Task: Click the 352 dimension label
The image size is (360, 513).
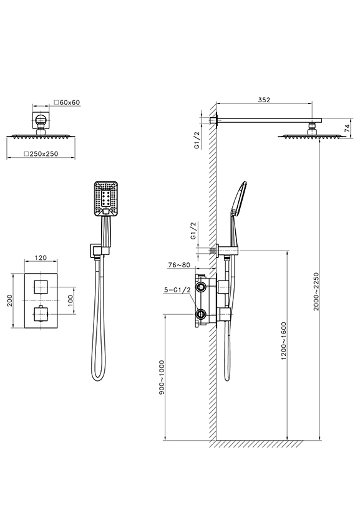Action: coord(264,100)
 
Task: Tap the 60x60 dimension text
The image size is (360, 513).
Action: coord(70,102)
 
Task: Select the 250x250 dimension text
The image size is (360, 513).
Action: coord(44,154)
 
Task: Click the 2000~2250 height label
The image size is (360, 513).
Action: coord(316,292)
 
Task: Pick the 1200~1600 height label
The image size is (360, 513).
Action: coord(284,341)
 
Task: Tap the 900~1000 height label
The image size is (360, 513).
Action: coord(162,377)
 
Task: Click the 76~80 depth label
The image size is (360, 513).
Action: coord(179,265)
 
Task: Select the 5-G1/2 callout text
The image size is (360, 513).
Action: coord(177,290)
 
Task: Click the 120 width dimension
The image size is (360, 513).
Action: coord(41,258)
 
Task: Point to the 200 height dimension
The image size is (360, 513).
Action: coord(9,300)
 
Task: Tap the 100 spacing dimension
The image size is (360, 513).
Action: coord(71,300)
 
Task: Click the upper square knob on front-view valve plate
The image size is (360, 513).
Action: coord(41,287)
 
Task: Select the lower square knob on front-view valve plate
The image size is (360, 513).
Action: coord(41,314)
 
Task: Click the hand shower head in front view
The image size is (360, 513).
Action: coord(106,199)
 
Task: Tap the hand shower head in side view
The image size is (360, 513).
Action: coord(239,198)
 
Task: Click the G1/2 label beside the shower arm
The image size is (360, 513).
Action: coord(197,140)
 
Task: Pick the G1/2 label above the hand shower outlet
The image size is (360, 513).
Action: coord(193,231)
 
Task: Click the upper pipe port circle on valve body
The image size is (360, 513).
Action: coord(200,287)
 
